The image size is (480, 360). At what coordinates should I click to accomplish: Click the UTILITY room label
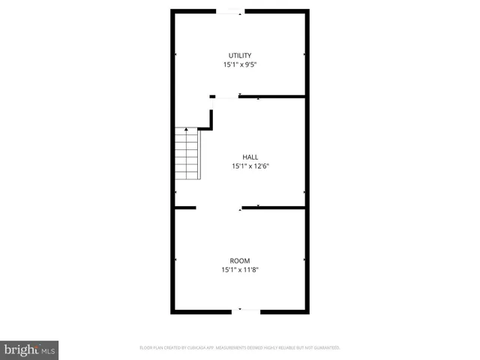(x=240, y=55)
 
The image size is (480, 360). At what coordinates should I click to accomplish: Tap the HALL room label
(x=240, y=157)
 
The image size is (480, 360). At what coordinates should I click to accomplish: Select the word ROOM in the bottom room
(x=240, y=260)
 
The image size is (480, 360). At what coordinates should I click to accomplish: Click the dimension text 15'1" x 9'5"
(x=240, y=65)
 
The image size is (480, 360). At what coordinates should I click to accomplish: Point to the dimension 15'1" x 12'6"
(x=240, y=166)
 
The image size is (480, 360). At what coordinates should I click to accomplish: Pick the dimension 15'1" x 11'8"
(x=240, y=270)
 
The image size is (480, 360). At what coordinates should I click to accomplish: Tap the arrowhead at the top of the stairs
(x=187, y=130)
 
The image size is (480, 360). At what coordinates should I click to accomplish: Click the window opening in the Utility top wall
(x=229, y=10)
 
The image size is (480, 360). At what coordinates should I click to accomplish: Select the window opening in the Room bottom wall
(x=248, y=310)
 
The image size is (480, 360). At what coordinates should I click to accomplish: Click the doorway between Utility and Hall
(x=227, y=96)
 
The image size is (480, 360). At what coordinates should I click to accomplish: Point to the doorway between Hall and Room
(x=218, y=207)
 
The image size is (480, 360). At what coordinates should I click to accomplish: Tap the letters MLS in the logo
(x=47, y=350)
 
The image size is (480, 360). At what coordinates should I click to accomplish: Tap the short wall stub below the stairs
(x=185, y=207)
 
